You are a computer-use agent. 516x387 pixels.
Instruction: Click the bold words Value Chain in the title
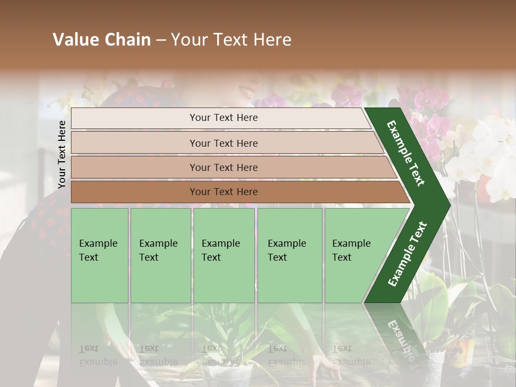(102, 40)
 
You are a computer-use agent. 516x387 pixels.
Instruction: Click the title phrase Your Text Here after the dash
(231, 40)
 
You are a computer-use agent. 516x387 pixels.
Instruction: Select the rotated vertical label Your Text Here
(62, 154)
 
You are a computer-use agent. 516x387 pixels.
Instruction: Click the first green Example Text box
(99, 255)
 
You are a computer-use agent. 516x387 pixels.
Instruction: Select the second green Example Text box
(160, 255)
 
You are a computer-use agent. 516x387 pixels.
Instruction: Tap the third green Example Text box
(224, 255)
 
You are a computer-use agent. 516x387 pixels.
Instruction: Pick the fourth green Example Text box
(289, 255)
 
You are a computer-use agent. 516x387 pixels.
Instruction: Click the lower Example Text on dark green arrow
(407, 254)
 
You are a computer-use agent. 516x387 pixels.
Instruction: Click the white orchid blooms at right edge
(489, 156)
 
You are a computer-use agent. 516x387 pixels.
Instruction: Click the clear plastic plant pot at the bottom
(226, 374)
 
